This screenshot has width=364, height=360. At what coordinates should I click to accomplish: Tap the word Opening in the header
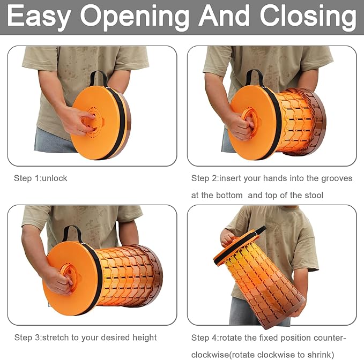pos(135,17)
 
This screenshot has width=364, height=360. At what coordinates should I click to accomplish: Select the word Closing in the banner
pos(308,17)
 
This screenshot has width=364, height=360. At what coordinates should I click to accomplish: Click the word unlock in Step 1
pos(55,178)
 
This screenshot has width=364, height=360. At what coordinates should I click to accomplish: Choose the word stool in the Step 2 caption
pos(314,196)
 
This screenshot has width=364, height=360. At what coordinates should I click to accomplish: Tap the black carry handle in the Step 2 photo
pos(255,77)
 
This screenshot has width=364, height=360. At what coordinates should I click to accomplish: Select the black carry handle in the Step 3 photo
pos(73,233)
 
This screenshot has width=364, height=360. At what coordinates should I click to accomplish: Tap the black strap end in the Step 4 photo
pos(260,230)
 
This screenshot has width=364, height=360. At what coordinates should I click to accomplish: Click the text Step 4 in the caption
pos(204,337)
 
